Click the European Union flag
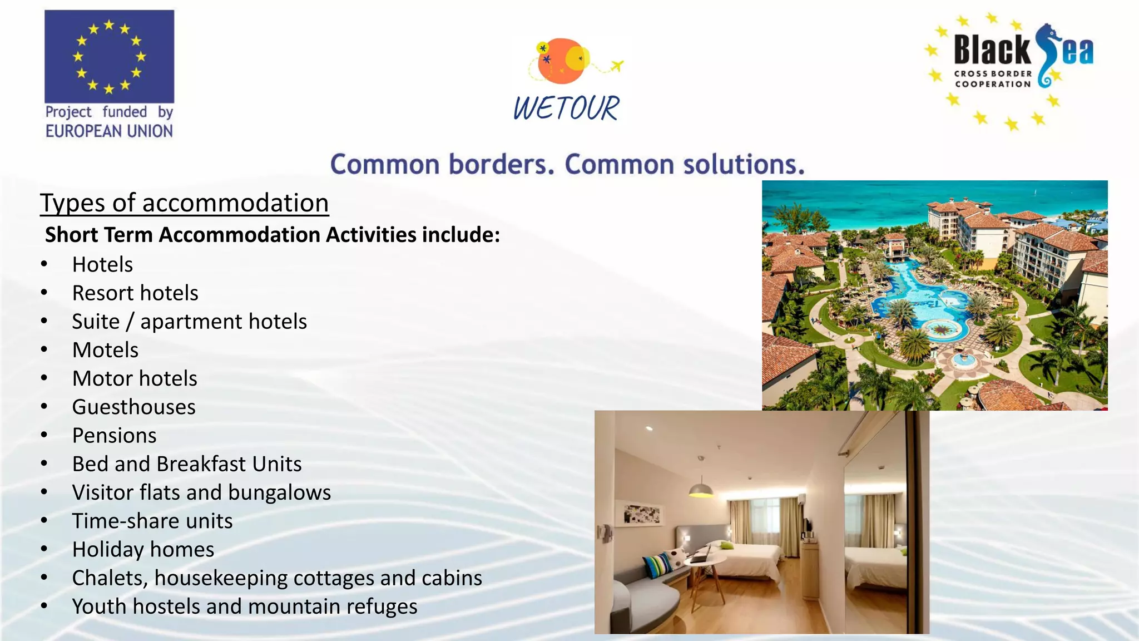click(109, 56)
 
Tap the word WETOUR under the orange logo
click(566, 108)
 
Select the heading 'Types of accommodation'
click(184, 203)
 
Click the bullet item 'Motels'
click(105, 350)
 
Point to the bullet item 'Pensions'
click(114, 436)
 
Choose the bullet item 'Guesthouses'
click(133, 407)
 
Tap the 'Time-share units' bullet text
click(152, 521)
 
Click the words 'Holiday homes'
click(143, 550)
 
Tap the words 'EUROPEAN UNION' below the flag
click(109, 131)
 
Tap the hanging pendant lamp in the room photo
click(701, 490)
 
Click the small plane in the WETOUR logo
click(617, 66)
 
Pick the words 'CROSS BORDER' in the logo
click(993, 73)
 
